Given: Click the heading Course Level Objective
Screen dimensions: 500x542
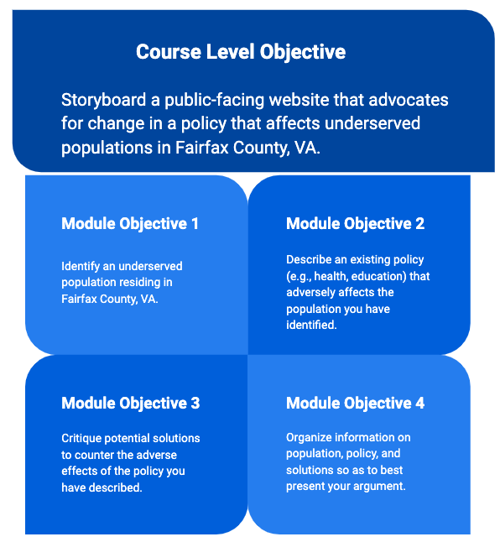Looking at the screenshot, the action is tap(241, 52).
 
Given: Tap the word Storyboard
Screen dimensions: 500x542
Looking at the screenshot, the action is tap(104, 100).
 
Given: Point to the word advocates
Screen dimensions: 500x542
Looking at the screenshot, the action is tap(409, 100).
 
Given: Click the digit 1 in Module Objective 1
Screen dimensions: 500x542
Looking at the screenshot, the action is tap(195, 224).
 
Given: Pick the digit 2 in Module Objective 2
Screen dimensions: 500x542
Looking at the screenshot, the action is tap(419, 224).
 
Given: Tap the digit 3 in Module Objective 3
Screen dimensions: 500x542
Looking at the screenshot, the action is tap(195, 403).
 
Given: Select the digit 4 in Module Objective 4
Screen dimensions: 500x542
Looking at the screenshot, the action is tap(419, 403).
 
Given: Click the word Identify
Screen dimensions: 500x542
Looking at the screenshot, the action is tap(81, 267).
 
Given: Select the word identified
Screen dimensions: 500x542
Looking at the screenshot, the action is tap(311, 325).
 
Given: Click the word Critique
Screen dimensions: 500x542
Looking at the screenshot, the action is tap(81, 438).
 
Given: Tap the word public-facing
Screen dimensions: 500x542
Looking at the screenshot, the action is tap(215, 100).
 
